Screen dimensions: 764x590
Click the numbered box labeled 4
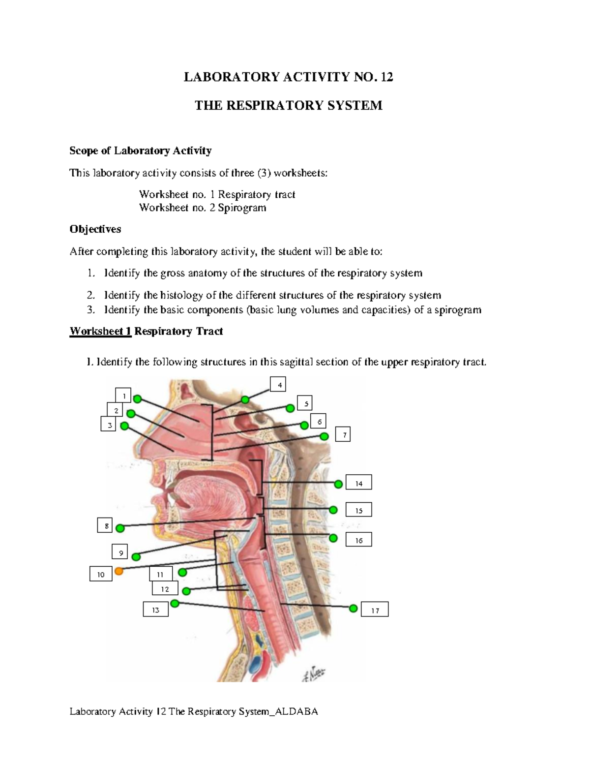279,385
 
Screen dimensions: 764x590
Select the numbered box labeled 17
375,610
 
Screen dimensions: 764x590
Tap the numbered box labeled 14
358,483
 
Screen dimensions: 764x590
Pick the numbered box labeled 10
101,574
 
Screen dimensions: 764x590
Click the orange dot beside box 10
118,571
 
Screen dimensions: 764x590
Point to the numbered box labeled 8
105,525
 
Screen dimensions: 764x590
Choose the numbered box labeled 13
155,609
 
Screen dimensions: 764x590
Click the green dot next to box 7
324,436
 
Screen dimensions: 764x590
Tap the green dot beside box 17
353,609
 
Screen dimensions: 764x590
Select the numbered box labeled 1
124,395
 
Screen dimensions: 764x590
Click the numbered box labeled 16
358,540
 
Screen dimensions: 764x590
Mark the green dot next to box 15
333,510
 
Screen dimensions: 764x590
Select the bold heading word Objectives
95,229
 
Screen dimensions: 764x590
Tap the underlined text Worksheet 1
100,331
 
